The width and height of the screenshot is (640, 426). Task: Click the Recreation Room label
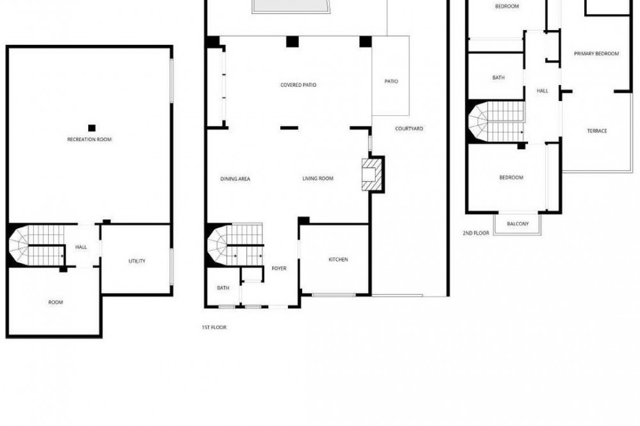click(90, 139)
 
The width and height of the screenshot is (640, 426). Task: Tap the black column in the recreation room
click(92, 128)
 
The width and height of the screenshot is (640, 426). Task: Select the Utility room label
click(137, 261)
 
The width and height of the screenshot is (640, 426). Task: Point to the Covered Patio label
click(298, 85)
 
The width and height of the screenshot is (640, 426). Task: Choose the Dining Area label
click(235, 178)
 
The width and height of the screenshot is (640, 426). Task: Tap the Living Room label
click(318, 178)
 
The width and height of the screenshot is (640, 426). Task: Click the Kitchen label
click(339, 260)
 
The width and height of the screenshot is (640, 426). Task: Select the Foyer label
click(279, 269)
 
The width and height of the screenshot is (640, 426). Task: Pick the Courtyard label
click(409, 129)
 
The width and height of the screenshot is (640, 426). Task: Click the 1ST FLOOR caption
click(214, 327)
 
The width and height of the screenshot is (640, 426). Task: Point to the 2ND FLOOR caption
click(476, 233)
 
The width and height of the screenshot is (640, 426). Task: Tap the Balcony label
click(518, 224)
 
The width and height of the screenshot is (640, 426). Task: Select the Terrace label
click(596, 131)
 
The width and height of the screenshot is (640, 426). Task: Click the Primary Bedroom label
click(596, 54)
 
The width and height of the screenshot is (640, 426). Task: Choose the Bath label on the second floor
click(499, 77)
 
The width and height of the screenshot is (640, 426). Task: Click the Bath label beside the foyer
click(223, 288)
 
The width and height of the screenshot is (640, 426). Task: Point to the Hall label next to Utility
click(81, 248)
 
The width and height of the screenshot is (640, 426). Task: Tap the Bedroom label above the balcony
click(511, 178)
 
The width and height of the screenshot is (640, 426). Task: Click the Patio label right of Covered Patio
click(391, 81)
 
